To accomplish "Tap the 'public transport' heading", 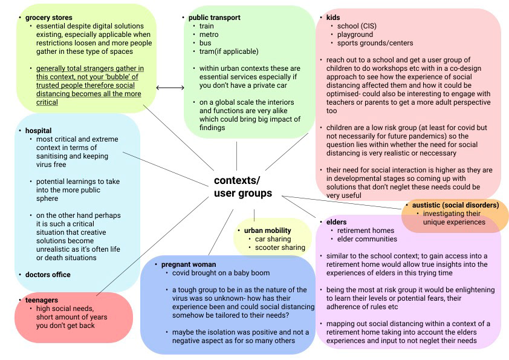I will tap(214, 18).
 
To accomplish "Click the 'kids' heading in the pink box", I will tap(333, 18).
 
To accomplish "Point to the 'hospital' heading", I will tap(38, 131).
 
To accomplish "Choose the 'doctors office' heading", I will tap(48, 275).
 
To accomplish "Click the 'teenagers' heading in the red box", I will tap(42, 299).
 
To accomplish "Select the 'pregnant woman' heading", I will tap(188, 264).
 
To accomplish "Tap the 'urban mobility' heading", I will tap(267, 231).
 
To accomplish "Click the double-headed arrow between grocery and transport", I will tap(170, 88).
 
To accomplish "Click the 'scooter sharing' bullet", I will tap(280, 247).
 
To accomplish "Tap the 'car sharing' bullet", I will tap(274, 239).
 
